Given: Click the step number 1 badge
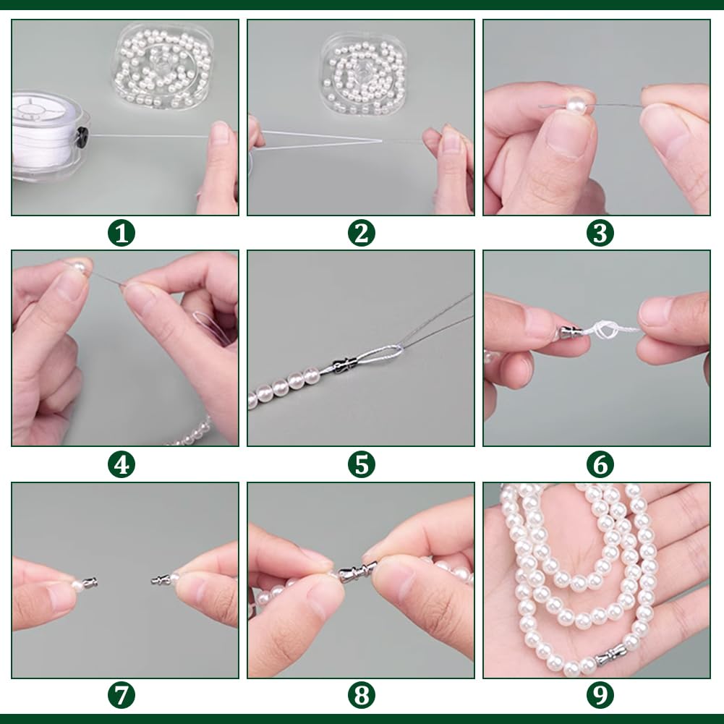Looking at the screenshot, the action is [122, 233].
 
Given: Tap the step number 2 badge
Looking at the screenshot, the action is [361, 233].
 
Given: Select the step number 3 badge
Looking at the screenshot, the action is [600, 233].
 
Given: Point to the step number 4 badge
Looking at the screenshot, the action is [122, 464].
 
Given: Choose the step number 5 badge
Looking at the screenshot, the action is [361, 464].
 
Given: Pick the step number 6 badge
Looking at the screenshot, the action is [600, 464].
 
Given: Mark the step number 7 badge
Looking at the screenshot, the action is [122, 696].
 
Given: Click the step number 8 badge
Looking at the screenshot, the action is [361, 696].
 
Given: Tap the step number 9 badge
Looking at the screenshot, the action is [600, 696].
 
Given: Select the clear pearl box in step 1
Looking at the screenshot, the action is [163, 67].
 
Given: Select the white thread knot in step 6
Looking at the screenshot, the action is [606, 330].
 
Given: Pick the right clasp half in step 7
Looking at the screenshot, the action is [161, 579].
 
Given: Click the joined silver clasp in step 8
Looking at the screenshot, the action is [357, 571].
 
